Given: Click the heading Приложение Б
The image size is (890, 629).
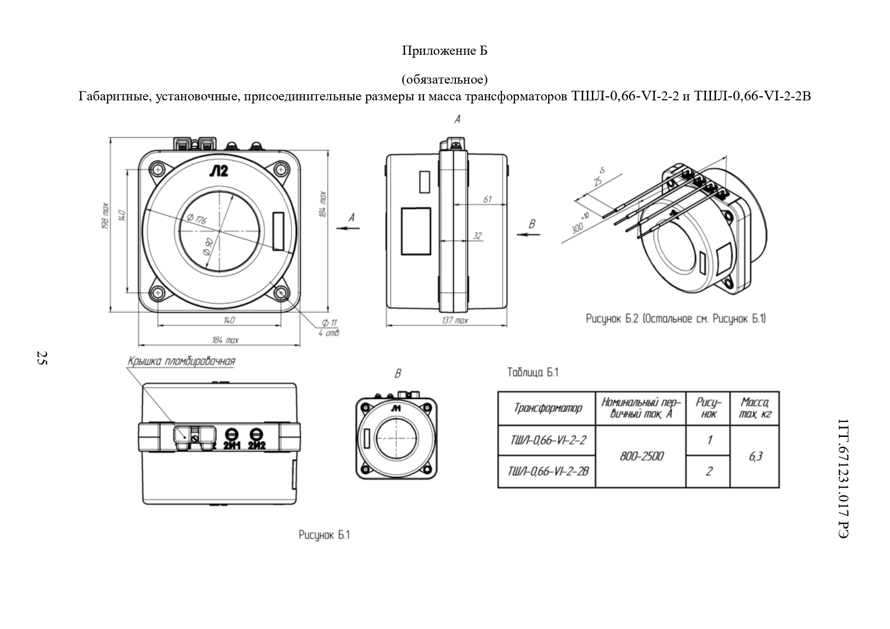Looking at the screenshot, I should [445, 51].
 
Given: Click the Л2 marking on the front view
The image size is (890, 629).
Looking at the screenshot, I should [219, 171].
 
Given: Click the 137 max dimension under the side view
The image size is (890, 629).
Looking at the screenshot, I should [454, 321].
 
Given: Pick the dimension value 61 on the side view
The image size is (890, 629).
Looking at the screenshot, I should [487, 199].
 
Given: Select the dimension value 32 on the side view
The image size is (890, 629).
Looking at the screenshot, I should [477, 236].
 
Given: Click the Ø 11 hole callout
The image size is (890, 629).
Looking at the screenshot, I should [330, 322].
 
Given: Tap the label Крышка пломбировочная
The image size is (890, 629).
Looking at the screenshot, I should [181, 361].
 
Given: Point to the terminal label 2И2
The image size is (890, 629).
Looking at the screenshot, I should [257, 446].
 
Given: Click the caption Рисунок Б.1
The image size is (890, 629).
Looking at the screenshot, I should [324, 535].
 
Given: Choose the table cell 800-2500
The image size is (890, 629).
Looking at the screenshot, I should [641, 456].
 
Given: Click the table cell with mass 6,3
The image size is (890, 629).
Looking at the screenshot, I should [755, 456].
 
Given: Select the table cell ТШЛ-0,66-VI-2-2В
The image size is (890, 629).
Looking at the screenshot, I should [548, 471].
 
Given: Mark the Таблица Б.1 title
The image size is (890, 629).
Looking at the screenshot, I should [532, 373].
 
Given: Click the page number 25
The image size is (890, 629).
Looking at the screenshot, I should [42, 358].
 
